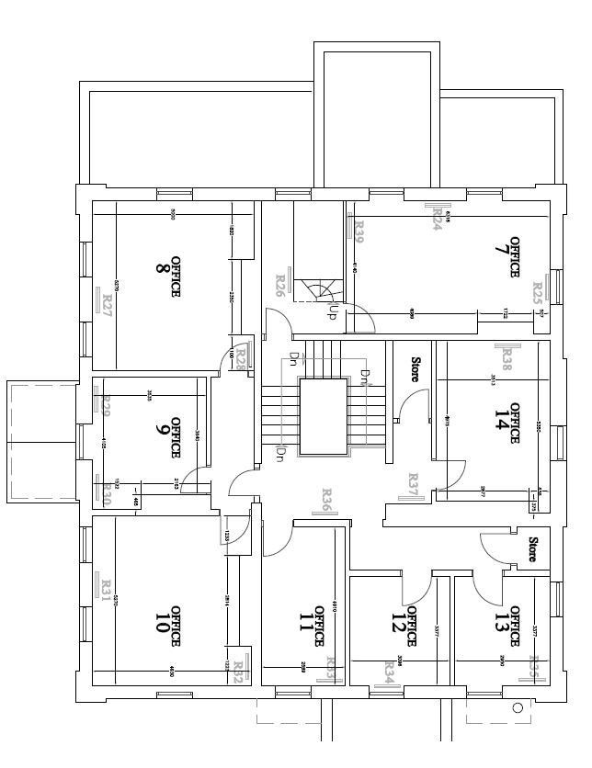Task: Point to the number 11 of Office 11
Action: (x=305, y=626)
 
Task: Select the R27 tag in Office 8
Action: (x=107, y=304)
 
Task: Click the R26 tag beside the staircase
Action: (x=280, y=287)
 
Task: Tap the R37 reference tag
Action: (x=414, y=484)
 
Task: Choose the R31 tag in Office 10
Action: (x=106, y=589)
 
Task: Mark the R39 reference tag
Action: (x=359, y=232)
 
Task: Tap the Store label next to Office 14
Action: (x=415, y=369)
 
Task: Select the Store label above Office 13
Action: (x=532, y=548)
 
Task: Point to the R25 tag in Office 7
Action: (x=538, y=294)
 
